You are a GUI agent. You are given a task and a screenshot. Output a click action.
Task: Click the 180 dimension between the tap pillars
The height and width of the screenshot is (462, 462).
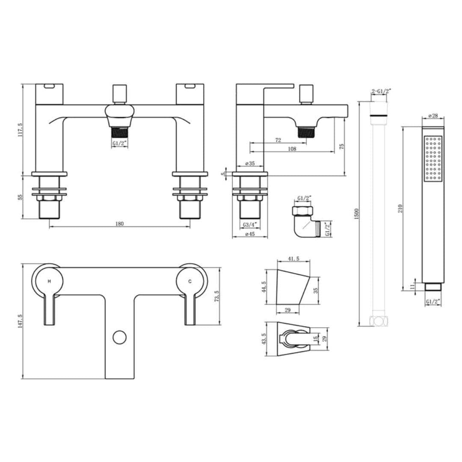(119, 224)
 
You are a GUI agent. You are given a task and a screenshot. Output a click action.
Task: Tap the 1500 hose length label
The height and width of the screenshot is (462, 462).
(357, 214)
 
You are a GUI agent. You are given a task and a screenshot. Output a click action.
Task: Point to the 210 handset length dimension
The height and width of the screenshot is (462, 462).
(400, 208)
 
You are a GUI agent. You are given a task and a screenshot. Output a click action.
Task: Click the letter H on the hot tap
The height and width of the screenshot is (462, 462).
(49, 281)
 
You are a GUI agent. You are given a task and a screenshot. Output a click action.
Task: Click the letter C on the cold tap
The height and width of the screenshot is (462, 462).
(190, 281)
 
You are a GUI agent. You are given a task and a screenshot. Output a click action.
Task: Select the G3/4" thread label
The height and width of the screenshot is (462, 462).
(249, 225)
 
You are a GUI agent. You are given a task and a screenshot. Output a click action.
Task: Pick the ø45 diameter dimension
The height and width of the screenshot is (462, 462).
(249, 234)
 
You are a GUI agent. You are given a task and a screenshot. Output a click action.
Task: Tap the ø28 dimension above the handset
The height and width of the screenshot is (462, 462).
(433, 116)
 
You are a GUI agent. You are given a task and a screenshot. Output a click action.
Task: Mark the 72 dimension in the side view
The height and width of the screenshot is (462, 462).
(278, 140)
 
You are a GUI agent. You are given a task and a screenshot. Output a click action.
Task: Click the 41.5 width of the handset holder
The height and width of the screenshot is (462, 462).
(293, 259)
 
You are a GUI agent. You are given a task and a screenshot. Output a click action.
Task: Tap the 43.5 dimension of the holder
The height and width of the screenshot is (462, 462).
(264, 339)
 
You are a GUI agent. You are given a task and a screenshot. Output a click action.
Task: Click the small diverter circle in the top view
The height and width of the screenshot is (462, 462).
(120, 337)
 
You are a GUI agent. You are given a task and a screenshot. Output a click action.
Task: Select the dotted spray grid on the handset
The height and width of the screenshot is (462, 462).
(433, 158)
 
